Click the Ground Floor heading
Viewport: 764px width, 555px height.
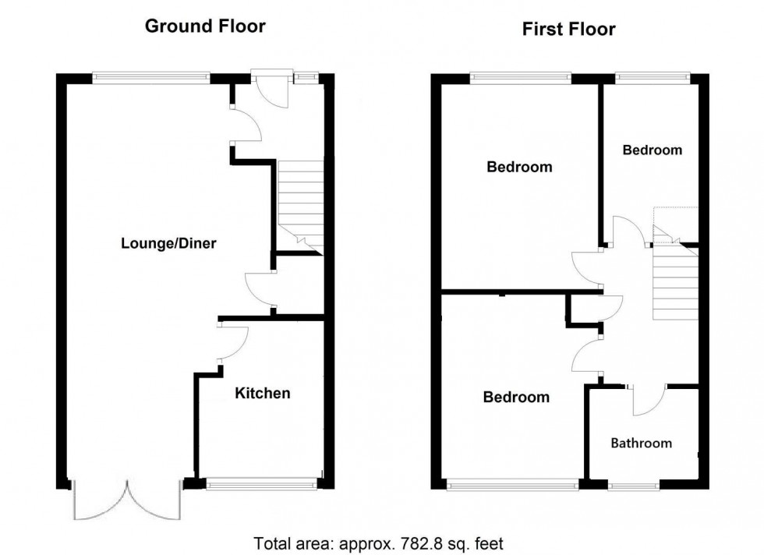pyautogui.click(x=205, y=27)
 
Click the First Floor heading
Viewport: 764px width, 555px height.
pyautogui.click(x=568, y=30)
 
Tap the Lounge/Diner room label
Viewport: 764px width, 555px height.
pyautogui.click(x=168, y=243)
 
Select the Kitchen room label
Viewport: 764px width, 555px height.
pyautogui.click(x=263, y=394)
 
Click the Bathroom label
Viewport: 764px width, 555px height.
pyautogui.click(x=641, y=444)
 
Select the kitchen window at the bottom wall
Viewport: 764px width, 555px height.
pyautogui.click(x=262, y=484)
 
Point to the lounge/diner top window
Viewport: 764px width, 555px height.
pyautogui.click(x=150, y=76)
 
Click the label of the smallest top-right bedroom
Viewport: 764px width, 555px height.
pyautogui.click(x=652, y=150)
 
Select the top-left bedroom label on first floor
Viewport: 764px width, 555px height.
pyautogui.click(x=519, y=167)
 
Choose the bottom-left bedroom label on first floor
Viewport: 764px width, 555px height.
pyautogui.click(x=516, y=398)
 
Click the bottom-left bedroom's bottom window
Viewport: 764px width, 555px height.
pyautogui.click(x=513, y=486)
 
